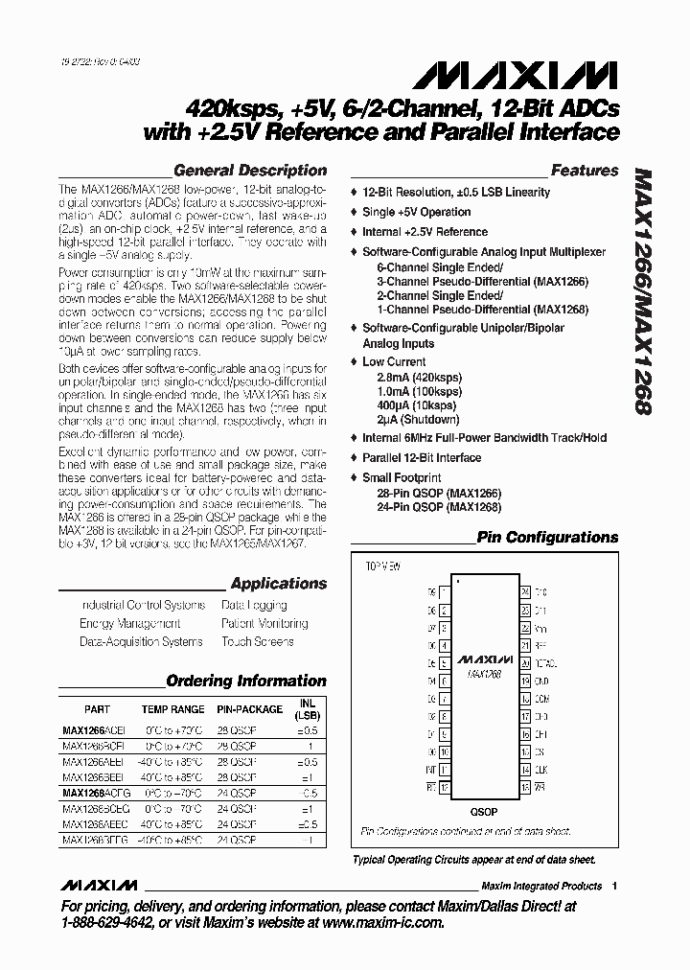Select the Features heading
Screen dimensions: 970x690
point(585,171)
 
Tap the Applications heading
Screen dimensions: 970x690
point(279,584)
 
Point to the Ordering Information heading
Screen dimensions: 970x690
point(246,681)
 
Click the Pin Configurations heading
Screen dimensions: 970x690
point(547,538)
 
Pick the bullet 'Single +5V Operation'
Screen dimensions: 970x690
point(416,212)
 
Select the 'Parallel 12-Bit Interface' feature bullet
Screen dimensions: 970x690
point(421,457)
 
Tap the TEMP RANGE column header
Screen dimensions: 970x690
point(172,709)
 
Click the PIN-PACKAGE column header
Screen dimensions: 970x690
point(249,709)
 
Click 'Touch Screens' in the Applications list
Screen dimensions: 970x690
point(257,641)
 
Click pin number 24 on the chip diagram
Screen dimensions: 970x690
point(525,592)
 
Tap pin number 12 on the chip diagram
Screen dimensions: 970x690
point(446,787)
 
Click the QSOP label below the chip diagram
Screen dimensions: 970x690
point(485,811)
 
